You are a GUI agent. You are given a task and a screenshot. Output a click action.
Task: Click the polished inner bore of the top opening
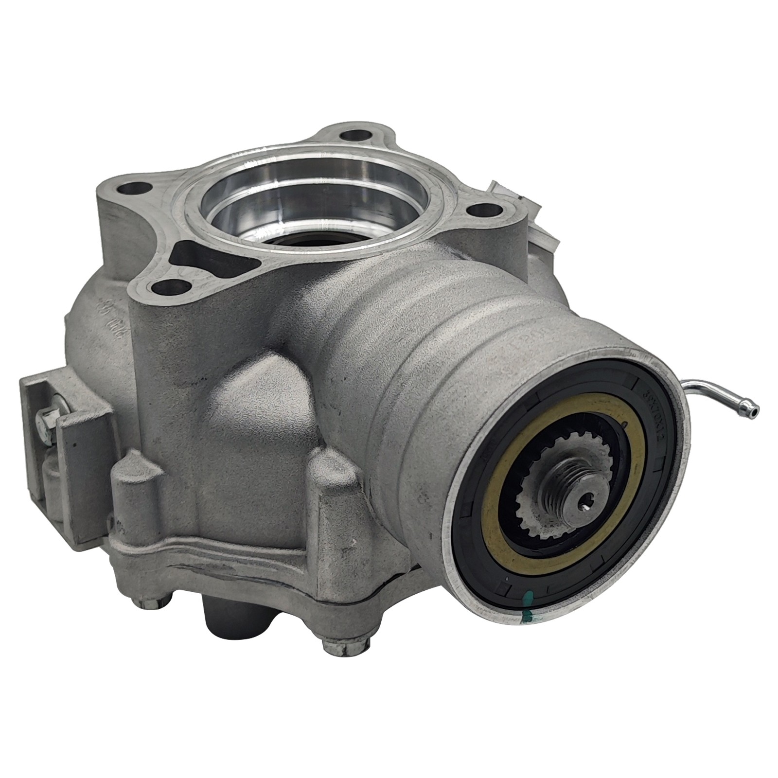click(x=311, y=194)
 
